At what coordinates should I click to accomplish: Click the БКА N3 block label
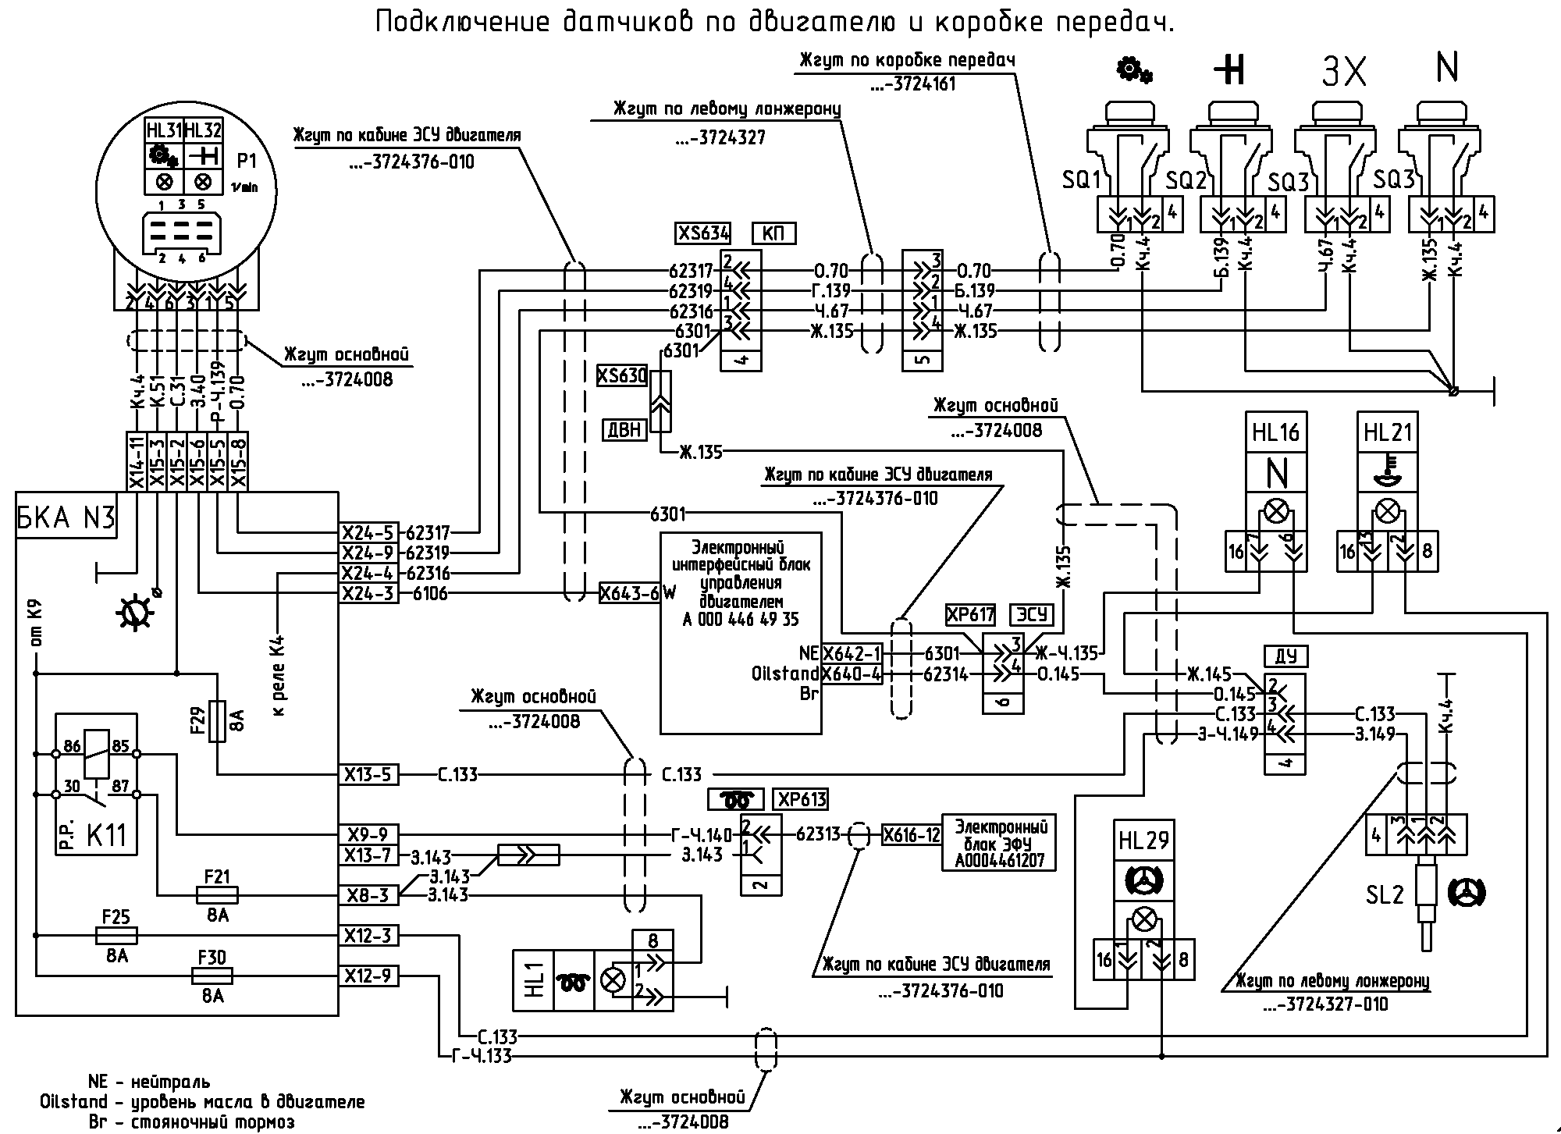pos(66,517)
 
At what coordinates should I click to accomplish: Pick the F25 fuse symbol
pos(116,935)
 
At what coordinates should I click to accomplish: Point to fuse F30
pos(212,976)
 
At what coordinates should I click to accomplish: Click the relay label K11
pos(106,835)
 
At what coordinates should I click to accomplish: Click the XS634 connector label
pos(703,233)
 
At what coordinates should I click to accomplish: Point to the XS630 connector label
pos(622,376)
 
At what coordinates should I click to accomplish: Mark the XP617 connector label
pos(970,615)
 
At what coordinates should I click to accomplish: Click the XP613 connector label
pos(801,799)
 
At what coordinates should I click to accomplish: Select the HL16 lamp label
pos(1275,432)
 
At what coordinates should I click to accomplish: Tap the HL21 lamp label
pos(1388,432)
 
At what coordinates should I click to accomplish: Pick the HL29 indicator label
pos(1144,841)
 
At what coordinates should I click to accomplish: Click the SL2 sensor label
pos(1385,894)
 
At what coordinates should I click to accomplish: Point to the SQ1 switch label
pos(1080,180)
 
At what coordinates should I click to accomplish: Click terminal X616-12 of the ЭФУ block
pos(912,835)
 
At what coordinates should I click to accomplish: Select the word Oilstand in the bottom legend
pos(73,1102)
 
